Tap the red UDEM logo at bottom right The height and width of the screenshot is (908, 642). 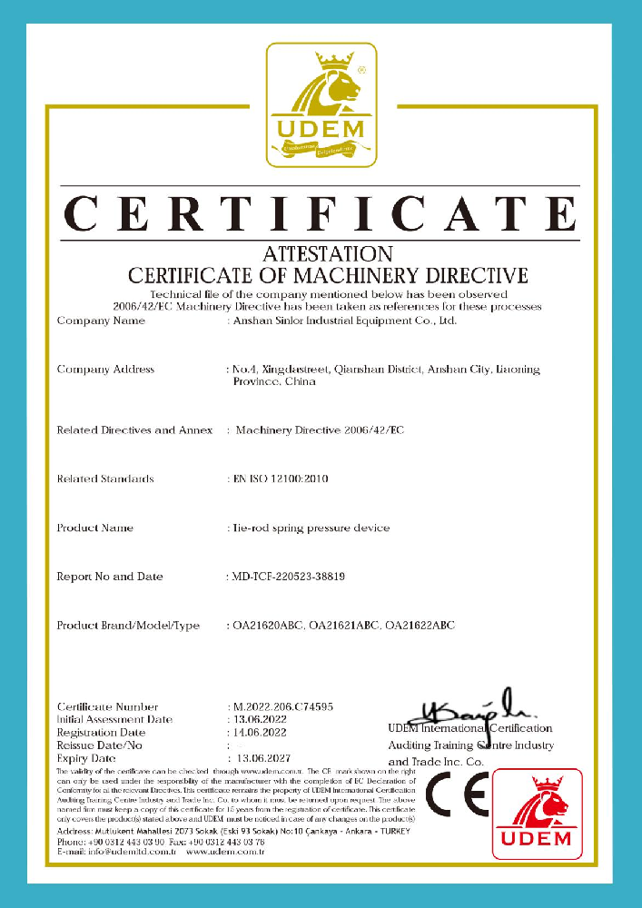click(537, 814)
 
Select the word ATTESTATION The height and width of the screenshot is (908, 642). click(327, 253)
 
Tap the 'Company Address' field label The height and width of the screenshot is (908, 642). click(105, 370)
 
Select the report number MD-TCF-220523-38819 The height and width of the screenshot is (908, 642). click(290, 577)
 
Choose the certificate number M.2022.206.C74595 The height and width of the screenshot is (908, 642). click(283, 706)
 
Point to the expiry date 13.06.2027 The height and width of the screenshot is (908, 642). click(262, 757)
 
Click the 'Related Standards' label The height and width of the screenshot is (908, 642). click(105, 479)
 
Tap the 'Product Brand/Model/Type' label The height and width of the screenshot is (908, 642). click(128, 626)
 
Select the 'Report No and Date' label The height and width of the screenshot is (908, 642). click(110, 577)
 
